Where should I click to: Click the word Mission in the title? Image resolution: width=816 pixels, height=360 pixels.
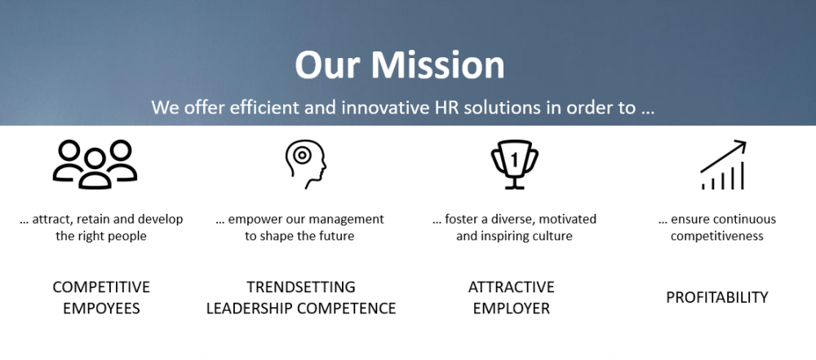(x=437, y=65)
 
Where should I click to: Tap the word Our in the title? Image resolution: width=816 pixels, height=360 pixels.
(x=327, y=65)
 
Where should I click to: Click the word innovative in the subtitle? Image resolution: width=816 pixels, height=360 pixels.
(x=383, y=107)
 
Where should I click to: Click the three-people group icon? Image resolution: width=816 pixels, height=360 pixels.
(x=95, y=164)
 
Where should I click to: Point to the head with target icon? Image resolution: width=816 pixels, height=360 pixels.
(x=305, y=164)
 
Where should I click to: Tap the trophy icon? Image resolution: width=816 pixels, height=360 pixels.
(x=514, y=164)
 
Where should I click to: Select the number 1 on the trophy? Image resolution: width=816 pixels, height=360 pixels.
(x=515, y=161)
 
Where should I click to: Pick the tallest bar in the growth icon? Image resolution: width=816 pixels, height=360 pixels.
(x=742, y=176)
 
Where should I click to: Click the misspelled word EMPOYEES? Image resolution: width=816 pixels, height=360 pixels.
(x=101, y=308)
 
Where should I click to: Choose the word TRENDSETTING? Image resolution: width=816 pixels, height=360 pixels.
(x=301, y=287)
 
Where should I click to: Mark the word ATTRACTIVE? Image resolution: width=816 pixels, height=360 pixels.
(x=511, y=287)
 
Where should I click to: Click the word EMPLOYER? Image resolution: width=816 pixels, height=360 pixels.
(x=511, y=308)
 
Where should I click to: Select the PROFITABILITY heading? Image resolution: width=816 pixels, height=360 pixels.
(x=717, y=297)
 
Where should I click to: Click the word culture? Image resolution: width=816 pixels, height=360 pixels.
(x=554, y=236)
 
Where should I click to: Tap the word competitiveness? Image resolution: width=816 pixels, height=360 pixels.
(x=717, y=236)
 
